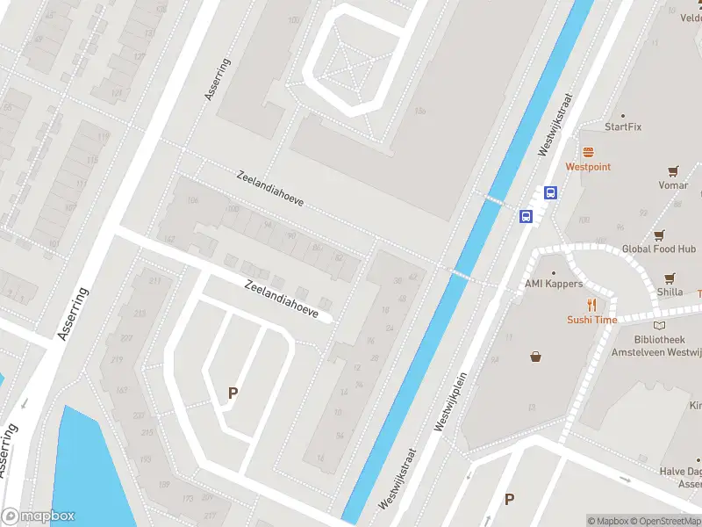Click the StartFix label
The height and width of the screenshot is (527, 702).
(623, 126)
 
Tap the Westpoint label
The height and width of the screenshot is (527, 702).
(588, 166)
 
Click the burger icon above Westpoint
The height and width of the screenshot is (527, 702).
(588, 151)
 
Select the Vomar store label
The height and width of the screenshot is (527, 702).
(673, 185)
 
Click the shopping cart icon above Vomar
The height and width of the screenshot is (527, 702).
(673, 171)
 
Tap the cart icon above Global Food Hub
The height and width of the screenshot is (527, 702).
(659, 235)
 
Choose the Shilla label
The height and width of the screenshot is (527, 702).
(670, 292)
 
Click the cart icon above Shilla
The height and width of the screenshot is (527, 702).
(670, 277)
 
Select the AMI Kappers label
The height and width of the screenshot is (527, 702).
(554, 284)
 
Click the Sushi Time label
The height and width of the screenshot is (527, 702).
(591, 320)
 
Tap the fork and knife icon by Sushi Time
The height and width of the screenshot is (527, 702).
(592, 305)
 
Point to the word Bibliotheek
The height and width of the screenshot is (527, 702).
(658, 339)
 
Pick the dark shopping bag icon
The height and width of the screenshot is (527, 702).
(535, 357)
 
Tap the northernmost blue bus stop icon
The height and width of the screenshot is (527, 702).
(551, 193)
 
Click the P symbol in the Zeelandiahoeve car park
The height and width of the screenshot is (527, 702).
(233, 393)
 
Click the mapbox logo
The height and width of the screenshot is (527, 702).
(38, 516)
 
